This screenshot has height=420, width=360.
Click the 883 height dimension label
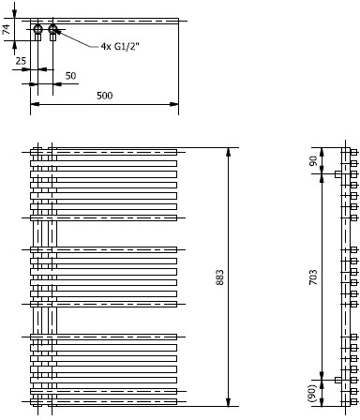point(220,277)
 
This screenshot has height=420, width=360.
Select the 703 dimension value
point(313,277)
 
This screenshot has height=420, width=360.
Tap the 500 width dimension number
point(104,96)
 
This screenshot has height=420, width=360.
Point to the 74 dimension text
point(7,29)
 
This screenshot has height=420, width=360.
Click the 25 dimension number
point(21,61)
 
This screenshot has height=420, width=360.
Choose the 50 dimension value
point(70,76)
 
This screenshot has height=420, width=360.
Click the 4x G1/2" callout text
point(120,47)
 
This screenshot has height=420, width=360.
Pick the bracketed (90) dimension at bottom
point(313,394)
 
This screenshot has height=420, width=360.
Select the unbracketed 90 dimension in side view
point(313,160)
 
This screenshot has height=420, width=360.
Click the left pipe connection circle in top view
point(37,29)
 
